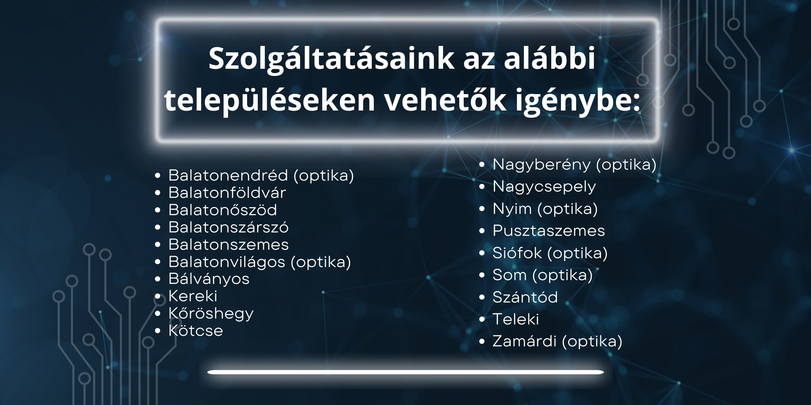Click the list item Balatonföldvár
pos(227,192)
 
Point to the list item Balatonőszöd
pos(223,210)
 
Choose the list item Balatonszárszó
pos(229,227)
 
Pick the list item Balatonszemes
pos(229,244)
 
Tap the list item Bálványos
pos(209,279)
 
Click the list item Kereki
pos(193,296)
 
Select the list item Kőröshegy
pos(211,313)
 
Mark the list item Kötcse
pos(196,330)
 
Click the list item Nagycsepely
pos(544,186)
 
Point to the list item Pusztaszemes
pos(549,231)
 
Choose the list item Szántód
pos(525,297)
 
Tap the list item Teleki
pos(516,319)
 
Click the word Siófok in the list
pos(517,253)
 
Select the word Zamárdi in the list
pos(525,341)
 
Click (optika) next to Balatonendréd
pos(324,175)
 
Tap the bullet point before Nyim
pos(482,209)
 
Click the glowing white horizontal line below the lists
pos(405,372)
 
